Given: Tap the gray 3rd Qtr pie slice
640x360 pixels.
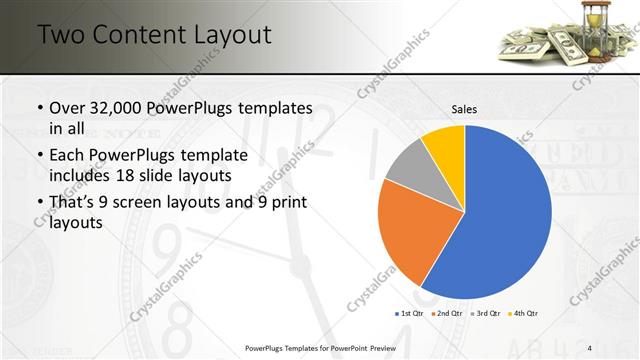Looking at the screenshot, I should point(409,166).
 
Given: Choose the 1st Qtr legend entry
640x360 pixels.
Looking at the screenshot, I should point(410,314).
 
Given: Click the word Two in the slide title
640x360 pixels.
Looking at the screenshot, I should point(61,35).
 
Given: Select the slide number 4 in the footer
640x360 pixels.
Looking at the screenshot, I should point(590,347).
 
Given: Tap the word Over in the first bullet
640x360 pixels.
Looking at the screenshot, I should point(65,108).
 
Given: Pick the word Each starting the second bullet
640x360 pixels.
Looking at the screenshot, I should point(66,154).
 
